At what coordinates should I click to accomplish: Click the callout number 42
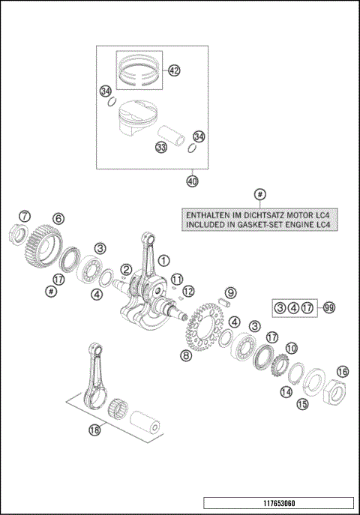pyautogui.click(x=174, y=71)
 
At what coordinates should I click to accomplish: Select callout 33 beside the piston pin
pyautogui.click(x=160, y=148)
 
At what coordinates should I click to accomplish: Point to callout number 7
pyautogui.click(x=25, y=217)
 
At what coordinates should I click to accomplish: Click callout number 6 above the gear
pyautogui.click(x=58, y=218)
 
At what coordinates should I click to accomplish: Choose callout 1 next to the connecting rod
pyautogui.click(x=162, y=260)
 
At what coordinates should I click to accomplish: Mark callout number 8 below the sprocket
pyautogui.click(x=184, y=355)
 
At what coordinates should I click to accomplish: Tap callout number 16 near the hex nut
pyautogui.click(x=343, y=371)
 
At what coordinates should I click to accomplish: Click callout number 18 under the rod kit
pyautogui.click(x=94, y=430)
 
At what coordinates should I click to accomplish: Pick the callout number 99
pyautogui.click(x=327, y=307)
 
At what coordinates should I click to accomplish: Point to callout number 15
pyautogui.click(x=302, y=404)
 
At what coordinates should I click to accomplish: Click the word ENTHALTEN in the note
pyautogui.click(x=202, y=214)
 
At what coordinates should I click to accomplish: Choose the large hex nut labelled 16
pyautogui.click(x=332, y=391)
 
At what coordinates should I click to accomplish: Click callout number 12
pyautogui.click(x=189, y=291)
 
